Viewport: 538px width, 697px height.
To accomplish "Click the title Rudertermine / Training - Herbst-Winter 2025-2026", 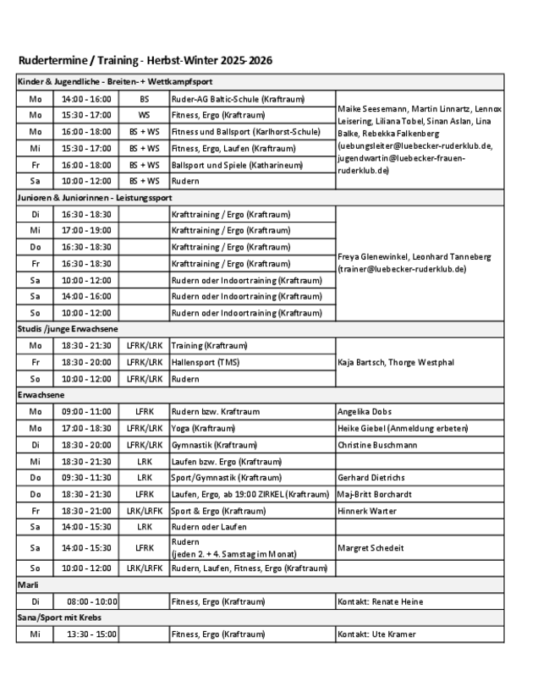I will [145, 61].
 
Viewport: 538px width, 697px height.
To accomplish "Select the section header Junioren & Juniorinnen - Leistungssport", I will [95, 197].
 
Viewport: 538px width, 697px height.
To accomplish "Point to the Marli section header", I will [30, 584].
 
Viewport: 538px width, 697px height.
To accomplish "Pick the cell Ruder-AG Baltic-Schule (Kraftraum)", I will [227, 98].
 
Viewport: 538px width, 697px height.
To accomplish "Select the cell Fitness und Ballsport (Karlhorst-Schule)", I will [245, 131].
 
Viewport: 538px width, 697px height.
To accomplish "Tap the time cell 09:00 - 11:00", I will [86, 411].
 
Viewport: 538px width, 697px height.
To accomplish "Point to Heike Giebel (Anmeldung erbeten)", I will [403, 428].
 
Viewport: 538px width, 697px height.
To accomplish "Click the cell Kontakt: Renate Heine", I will [381, 601].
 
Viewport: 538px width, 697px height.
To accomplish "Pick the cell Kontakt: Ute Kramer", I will [377, 633].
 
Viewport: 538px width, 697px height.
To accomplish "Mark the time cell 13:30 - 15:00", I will [86, 633].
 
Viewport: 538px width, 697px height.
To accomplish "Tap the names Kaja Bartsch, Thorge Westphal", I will [395, 361].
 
